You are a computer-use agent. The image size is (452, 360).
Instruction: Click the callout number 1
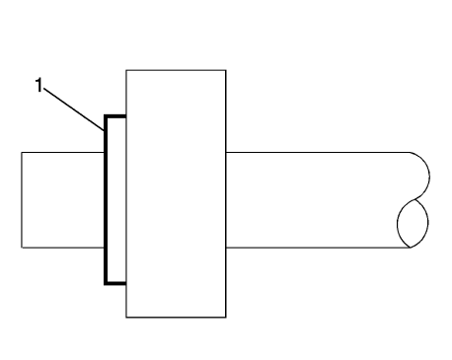coord(39,86)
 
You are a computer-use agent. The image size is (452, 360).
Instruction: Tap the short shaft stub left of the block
coord(62,200)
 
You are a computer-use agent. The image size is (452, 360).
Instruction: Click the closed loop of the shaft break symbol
coord(414,224)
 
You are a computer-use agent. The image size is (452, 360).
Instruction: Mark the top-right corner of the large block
coord(227,70)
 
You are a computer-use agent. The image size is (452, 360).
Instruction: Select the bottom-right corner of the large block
coord(227,318)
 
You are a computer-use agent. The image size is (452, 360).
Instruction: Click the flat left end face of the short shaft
coord(21,200)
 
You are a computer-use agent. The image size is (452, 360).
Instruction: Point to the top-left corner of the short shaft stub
coord(21,153)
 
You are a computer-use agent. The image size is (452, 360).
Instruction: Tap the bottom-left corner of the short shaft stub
coord(21,248)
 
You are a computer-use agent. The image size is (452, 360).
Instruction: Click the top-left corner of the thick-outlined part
coord(106,117)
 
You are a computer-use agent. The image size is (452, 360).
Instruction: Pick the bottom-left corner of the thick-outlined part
coord(106,283)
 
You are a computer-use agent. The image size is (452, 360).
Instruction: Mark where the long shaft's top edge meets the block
coord(227,153)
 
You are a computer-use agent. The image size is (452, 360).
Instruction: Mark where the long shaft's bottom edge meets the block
coord(227,248)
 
